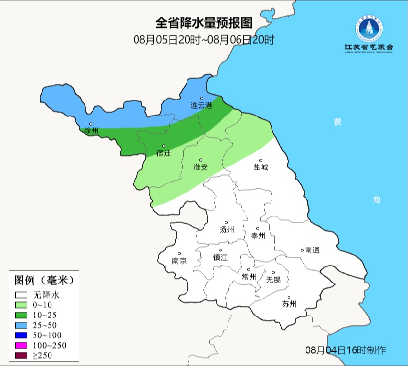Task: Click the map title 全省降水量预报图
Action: pyautogui.click(x=204, y=23)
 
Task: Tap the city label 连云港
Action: pyautogui.click(x=201, y=105)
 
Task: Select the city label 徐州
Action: pyautogui.click(x=91, y=131)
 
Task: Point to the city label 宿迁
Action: pyautogui.click(x=164, y=153)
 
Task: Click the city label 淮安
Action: pyautogui.click(x=201, y=167)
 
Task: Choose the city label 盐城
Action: pyautogui.click(x=260, y=167)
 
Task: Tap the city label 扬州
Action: pyautogui.click(x=227, y=230)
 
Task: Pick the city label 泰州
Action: pyautogui.click(x=258, y=236)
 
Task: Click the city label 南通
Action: pyautogui.click(x=312, y=250)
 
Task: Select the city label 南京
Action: pyautogui.click(x=179, y=261)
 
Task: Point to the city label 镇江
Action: pyautogui.click(x=221, y=258)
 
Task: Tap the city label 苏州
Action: pyautogui.click(x=289, y=305)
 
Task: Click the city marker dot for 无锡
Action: pyautogui.click(x=273, y=273)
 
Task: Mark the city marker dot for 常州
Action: pyautogui.click(x=249, y=270)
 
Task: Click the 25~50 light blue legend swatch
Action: pyautogui.click(x=21, y=325)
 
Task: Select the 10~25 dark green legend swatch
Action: pyautogui.click(x=21, y=315)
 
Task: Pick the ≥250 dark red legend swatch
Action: pyautogui.click(x=21, y=356)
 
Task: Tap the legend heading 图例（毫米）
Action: pyautogui.click(x=44, y=280)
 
